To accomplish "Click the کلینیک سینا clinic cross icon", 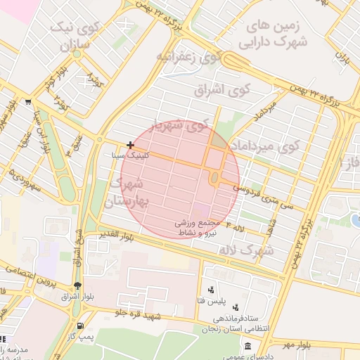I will click(x=130, y=145).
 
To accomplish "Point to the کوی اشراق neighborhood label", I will click(x=231, y=90).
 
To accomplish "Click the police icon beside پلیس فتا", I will click(x=210, y=290).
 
